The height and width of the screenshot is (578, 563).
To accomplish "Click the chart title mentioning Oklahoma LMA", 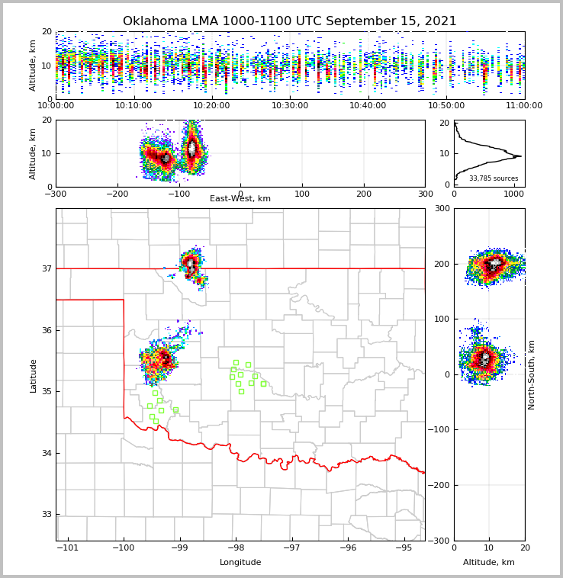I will coord(289,21).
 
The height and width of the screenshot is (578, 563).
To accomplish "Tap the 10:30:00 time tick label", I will coord(290,106).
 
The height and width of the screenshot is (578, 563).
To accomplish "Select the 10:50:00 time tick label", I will coord(446,106).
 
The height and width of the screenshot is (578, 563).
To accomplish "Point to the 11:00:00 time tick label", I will coord(523,106).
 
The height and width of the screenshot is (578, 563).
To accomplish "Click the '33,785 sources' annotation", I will coord(494,178).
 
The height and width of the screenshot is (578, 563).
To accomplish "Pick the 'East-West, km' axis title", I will coord(240,199).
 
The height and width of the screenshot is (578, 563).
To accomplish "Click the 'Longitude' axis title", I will coord(240,563).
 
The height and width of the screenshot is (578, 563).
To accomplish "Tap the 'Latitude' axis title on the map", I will coord(34,375).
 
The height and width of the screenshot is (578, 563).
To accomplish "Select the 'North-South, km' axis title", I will coord(532,375).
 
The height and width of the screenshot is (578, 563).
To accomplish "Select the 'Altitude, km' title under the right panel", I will coord(489,563).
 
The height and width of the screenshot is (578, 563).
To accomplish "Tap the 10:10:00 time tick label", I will coord(134,106).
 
